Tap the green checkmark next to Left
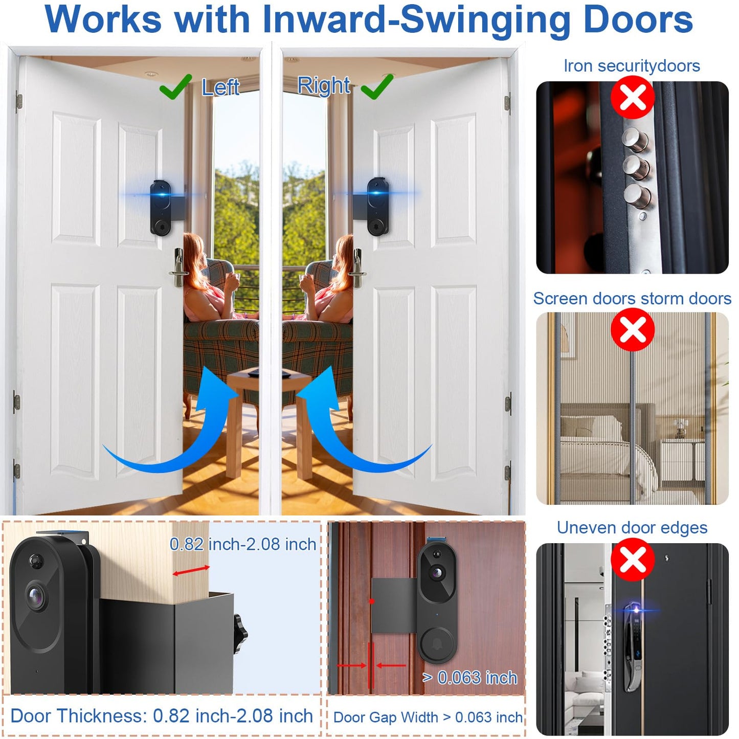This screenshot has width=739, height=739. coord(175,87)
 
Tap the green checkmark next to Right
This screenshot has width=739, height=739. coord(377,87)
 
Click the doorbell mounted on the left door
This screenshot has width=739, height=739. coord(161,207)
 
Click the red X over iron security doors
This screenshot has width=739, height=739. coord(633,97)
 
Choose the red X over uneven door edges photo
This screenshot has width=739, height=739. coord(633,559)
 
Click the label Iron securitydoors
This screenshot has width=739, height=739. coord(632,66)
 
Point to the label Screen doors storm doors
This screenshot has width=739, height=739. coord(632,299)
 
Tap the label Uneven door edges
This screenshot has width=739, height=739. coord(632,528)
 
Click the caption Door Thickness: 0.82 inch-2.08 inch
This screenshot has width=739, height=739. coord(162,716)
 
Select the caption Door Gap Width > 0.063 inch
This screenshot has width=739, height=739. coord(428,718)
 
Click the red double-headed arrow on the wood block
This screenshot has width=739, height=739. coord(191,571)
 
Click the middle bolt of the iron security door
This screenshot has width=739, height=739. coord(636,167)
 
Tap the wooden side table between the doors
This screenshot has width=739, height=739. coord(268,404)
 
